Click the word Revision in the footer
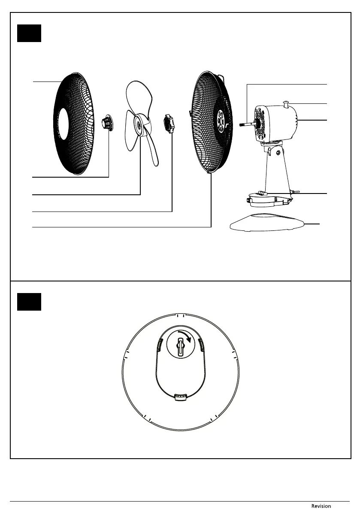321,506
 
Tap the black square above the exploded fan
29,33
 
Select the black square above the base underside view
29,302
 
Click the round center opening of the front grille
63,124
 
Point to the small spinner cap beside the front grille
106,123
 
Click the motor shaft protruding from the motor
247,125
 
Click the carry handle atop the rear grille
222,78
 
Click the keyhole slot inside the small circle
181,346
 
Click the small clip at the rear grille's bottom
209,173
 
